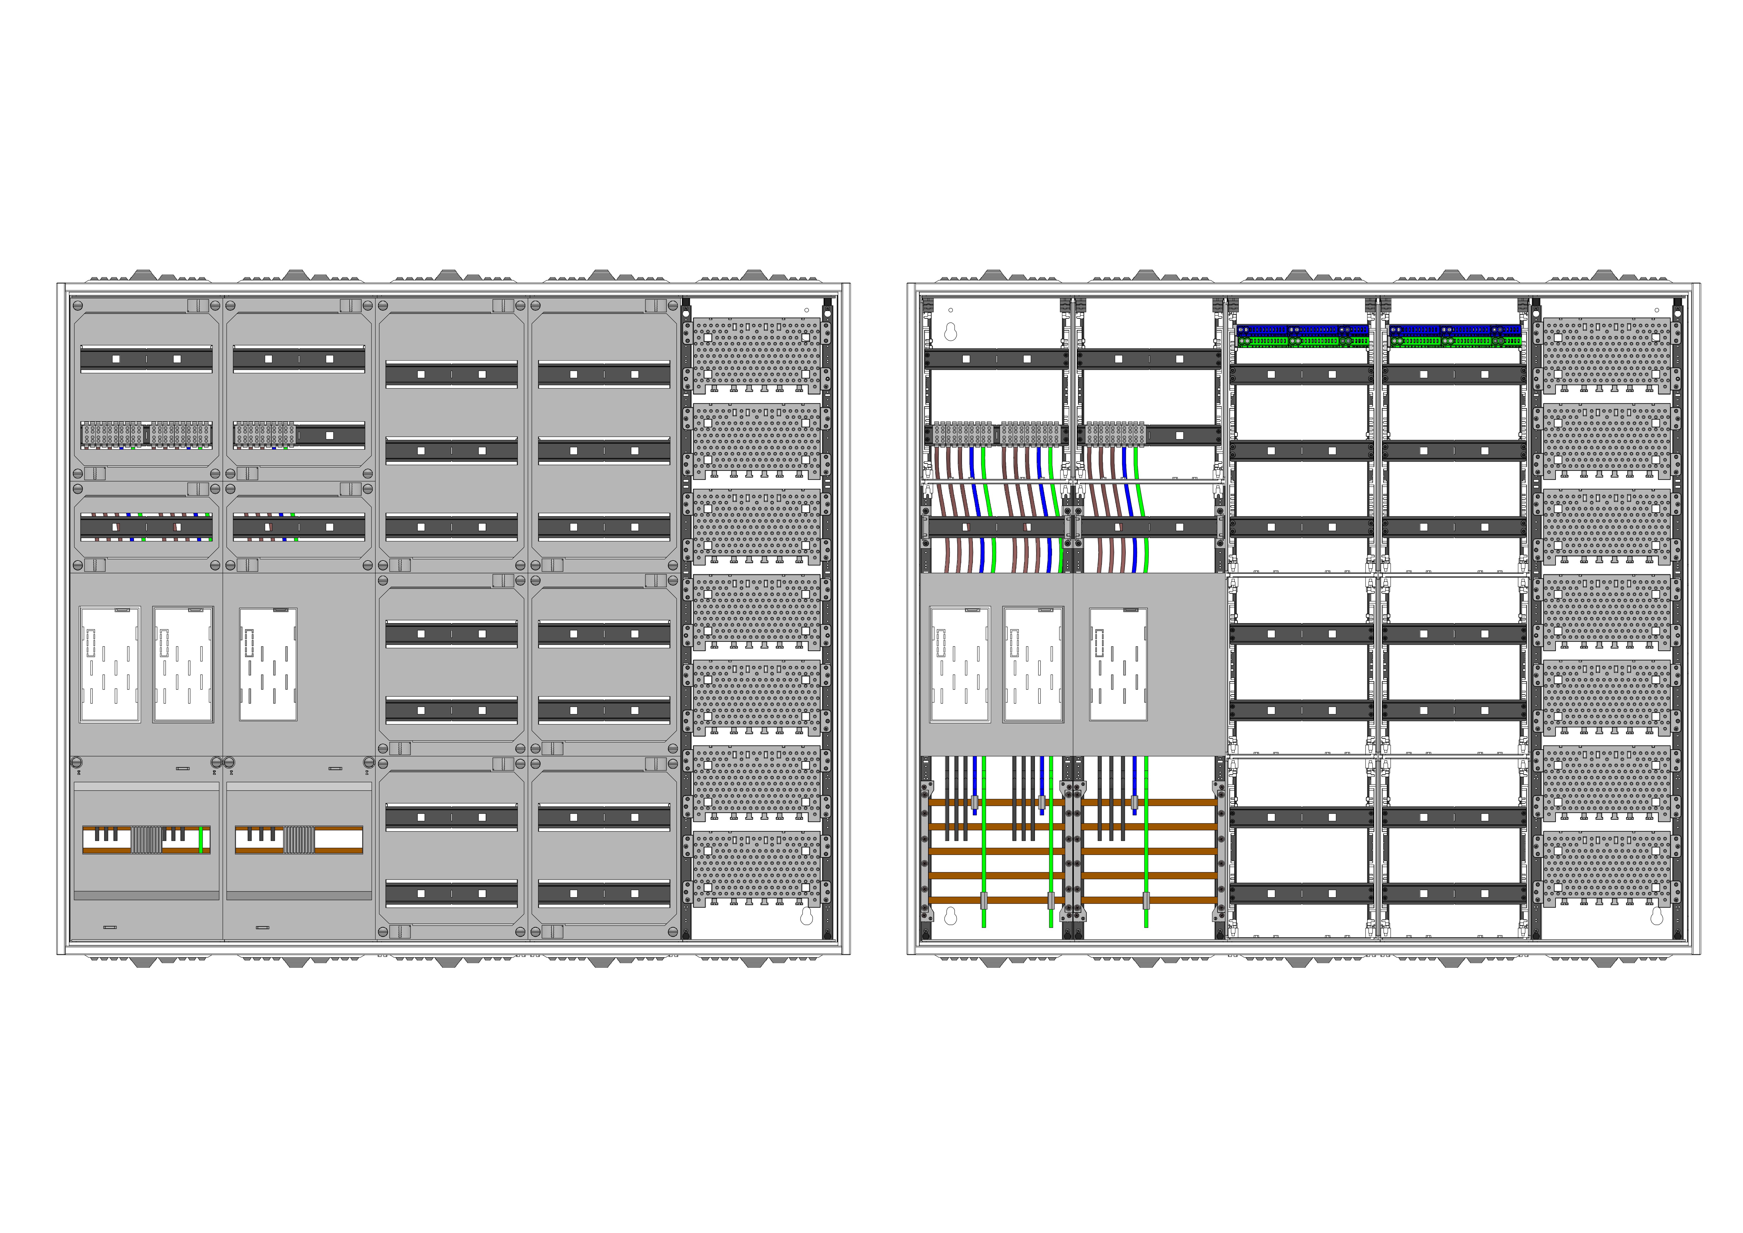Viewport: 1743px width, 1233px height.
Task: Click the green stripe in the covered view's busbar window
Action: (x=200, y=840)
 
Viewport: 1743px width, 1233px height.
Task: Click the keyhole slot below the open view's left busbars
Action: (x=950, y=917)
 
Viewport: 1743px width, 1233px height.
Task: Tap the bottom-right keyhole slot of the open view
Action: (x=1656, y=917)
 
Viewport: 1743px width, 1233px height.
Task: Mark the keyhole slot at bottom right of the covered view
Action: (x=806, y=917)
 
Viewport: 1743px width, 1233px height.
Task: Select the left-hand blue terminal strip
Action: (x=1302, y=330)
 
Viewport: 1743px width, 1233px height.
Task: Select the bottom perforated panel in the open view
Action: (x=1607, y=869)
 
